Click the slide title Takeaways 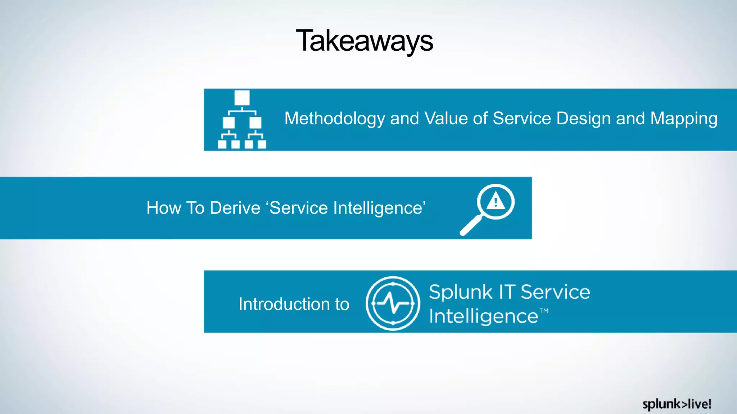coord(364,41)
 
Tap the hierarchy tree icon coord(242,119)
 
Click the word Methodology coord(335,119)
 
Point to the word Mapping coord(684,119)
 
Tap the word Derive coord(235,208)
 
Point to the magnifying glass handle coord(471,225)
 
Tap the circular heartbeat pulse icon coord(393,303)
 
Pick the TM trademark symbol coord(544,310)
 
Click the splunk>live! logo coord(677,404)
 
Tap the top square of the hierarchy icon coord(242,98)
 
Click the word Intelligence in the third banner coord(483,317)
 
